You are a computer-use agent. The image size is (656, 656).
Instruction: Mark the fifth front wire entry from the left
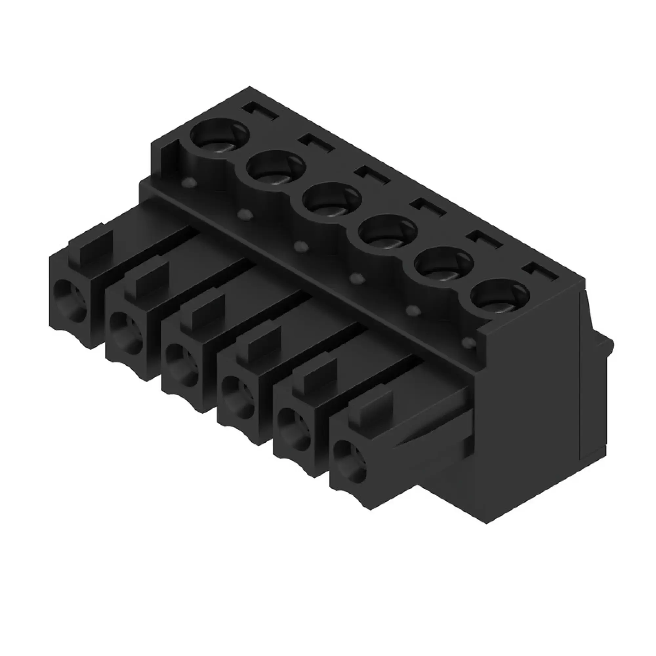click(x=294, y=430)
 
